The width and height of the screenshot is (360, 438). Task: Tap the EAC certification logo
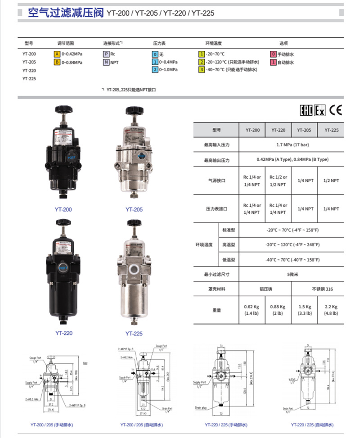click(x=306, y=111)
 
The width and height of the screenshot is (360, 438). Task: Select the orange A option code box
click(x=57, y=54)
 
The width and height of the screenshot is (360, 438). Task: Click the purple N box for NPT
click(x=106, y=62)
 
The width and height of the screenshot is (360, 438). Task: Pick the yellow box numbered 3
click(x=202, y=70)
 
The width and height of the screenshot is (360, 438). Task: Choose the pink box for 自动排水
click(x=273, y=62)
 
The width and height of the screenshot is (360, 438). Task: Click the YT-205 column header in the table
click(x=305, y=130)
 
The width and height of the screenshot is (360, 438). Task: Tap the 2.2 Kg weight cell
click(x=331, y=310)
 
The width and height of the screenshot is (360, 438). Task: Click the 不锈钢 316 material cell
click(x=318, y=289)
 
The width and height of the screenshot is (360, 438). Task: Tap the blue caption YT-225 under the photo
click(x=134, y=334)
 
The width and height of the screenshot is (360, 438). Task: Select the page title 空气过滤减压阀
click(x=66, y=13)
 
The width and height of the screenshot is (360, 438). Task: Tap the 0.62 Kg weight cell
click(x=252, y=310)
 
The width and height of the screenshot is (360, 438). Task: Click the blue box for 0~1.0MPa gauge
click(x=155, y=70)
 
